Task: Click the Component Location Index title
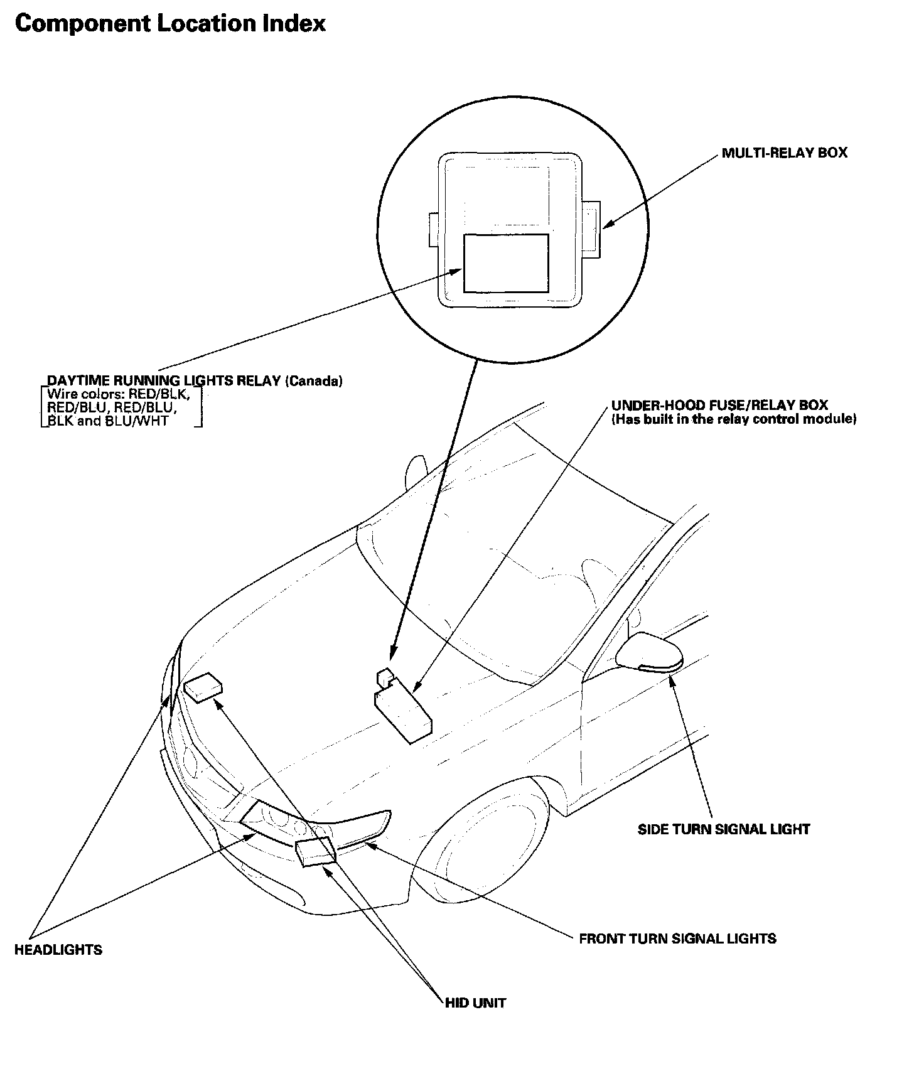[x=170, y=24]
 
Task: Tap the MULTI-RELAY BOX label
[x=784, y=153]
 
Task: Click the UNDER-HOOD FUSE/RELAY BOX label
[x=719, y=406]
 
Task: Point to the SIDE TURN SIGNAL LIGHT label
[x=723, y=829]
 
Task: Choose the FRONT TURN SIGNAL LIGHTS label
[x=677, y=939]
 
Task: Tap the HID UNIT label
[x=475, y=1003]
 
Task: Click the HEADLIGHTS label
[x=58, y=950]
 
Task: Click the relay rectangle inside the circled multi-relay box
[x=505, y=263]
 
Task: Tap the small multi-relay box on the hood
[x=384, y=677]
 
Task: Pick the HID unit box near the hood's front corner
[x=203, y=687]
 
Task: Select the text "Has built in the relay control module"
[x=734, y=419]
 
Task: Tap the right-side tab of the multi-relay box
[x=591, y=229]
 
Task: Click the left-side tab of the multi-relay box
[x=433, y=229]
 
